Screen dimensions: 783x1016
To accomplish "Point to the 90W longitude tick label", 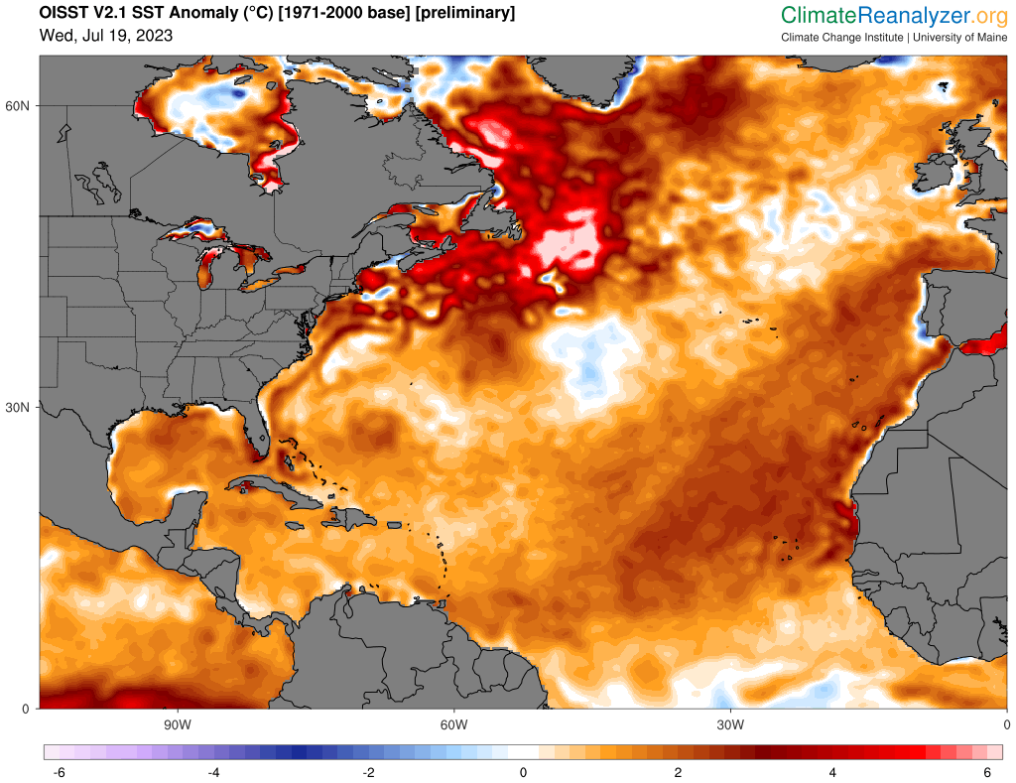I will pos(178,724).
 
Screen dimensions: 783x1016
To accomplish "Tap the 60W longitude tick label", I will pos(453,724).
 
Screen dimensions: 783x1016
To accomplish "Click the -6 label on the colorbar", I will pos(59,773).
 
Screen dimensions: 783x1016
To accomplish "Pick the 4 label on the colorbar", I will pos(832,773).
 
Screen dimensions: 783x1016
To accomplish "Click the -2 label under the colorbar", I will pos(368,773).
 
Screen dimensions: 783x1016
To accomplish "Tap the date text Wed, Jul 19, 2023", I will pos(106,36).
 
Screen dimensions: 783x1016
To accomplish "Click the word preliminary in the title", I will pos(456,13).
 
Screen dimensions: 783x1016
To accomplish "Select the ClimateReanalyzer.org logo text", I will pos(894,15).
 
